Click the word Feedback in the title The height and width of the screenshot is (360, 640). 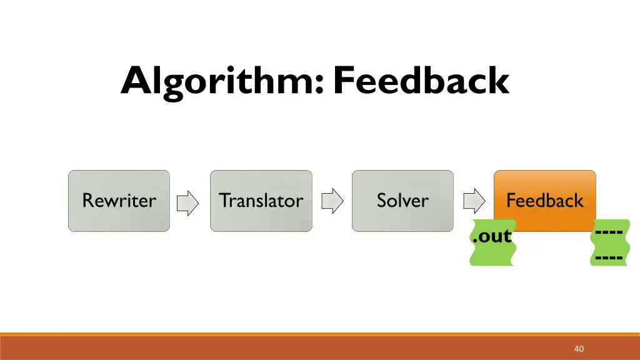pos(421,81)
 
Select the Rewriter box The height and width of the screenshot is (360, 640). pos(119,201)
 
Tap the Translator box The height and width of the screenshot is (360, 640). pos(261,201)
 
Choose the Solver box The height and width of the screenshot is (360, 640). pos(402,201)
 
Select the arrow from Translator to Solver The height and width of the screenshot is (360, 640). pos(332,201)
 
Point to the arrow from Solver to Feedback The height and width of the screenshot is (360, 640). pos(474,201)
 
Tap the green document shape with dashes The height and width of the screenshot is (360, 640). pos(609,244)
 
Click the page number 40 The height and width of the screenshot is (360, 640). pos(579,349)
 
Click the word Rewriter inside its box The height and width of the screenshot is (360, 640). pos(119,201)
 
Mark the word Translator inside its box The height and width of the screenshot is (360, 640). pos(261,201)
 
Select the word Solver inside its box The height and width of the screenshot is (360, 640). pos(402,201)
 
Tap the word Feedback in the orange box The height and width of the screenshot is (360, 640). pos(544,201)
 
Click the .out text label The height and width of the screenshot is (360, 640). pos(492,237)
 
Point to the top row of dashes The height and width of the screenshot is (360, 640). pos(609,232)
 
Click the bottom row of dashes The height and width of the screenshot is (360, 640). pos(609,257)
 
